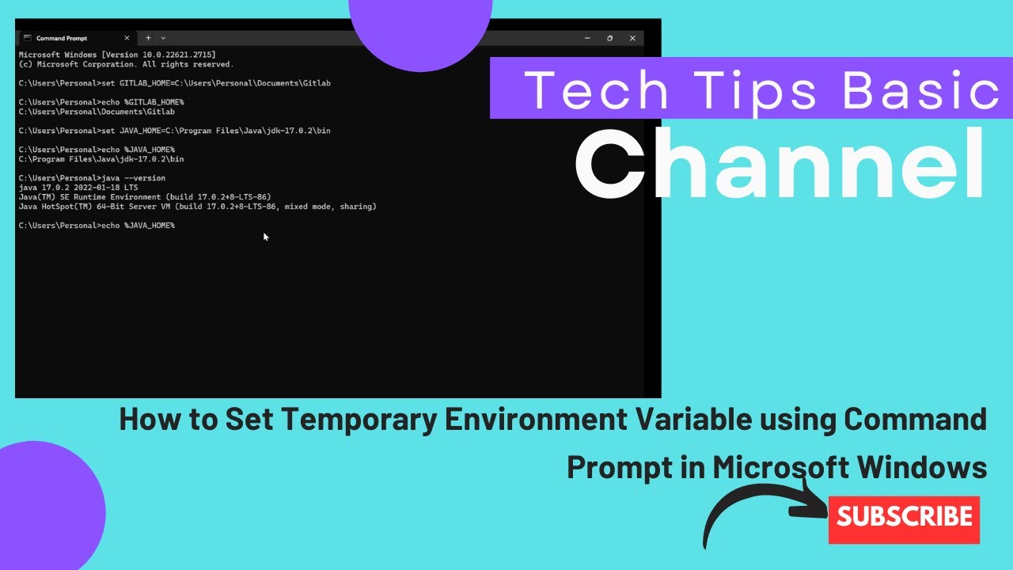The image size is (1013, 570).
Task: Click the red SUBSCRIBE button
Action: (904, 519)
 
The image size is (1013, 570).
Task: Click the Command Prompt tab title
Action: (62, 38)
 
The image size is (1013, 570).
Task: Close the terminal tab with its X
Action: (127, 38)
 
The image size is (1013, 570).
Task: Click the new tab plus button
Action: (148, 38)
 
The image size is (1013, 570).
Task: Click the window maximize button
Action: (609, 38)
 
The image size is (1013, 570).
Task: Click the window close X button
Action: (632, 38)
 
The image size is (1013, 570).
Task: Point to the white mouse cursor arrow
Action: (265, 235)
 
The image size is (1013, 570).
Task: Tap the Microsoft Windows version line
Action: (116, 55)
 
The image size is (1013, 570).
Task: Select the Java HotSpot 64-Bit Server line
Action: (197, 207)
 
